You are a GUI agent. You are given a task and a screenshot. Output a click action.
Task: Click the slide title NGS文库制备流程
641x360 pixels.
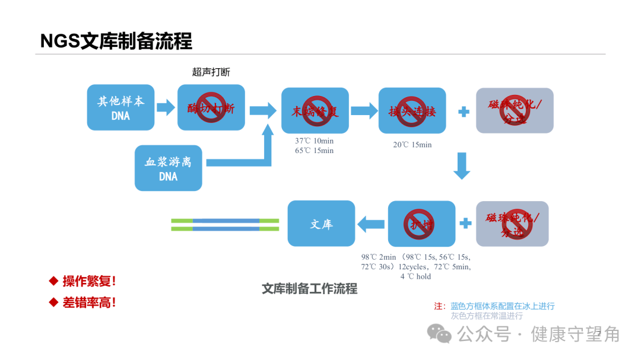coord(116,41)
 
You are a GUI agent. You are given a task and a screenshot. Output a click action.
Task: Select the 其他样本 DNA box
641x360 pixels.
coord(120,108)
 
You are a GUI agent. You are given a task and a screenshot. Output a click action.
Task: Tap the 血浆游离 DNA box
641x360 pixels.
coord(168,168)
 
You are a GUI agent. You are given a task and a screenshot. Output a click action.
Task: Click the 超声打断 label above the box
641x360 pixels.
coord(211,72)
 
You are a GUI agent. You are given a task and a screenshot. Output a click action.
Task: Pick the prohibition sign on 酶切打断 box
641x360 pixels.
coord(211,107)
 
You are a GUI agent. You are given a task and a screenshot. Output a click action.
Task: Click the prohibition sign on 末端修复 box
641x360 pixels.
coord(316,110)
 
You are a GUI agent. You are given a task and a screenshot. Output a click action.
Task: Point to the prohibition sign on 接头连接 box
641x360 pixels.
coord(412,111)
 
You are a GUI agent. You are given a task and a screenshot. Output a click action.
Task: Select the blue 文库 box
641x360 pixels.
coord(321,224)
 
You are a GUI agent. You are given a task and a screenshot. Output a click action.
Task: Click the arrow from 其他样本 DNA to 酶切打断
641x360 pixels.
coord(166,107)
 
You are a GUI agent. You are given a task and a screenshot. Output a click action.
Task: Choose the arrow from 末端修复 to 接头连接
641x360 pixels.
coord(364,110)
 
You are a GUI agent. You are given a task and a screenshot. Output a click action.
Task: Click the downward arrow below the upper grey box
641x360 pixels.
coord(462,166)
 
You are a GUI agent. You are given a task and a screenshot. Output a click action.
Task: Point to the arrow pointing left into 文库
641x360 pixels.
coord(370,224)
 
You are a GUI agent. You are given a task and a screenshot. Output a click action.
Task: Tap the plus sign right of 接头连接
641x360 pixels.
coord(464,111)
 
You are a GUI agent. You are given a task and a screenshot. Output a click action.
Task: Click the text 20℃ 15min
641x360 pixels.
coord(412,145)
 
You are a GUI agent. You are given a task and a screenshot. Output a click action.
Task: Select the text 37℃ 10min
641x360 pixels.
coord(314,141)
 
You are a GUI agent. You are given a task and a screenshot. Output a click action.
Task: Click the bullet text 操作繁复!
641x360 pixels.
coord(89,281)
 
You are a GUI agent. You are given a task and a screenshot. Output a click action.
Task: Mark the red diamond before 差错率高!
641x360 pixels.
coord(53,302)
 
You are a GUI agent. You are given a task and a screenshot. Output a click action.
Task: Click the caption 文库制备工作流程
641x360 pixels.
coord(309,289)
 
